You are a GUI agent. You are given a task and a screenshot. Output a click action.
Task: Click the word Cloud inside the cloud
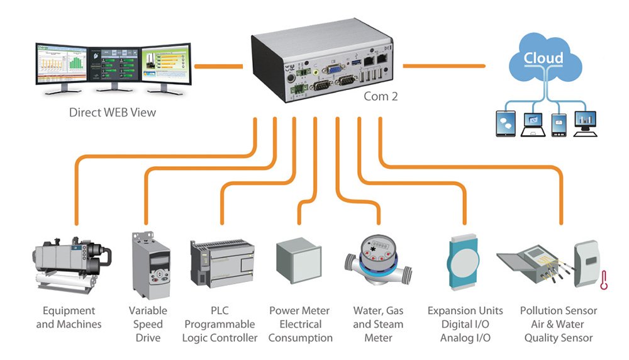545,59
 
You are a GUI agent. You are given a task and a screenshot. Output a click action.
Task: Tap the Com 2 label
381,97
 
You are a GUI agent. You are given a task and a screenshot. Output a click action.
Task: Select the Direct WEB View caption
113,113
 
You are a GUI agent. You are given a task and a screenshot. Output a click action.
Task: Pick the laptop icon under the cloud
532,123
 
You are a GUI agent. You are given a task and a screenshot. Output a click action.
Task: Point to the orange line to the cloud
443,65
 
